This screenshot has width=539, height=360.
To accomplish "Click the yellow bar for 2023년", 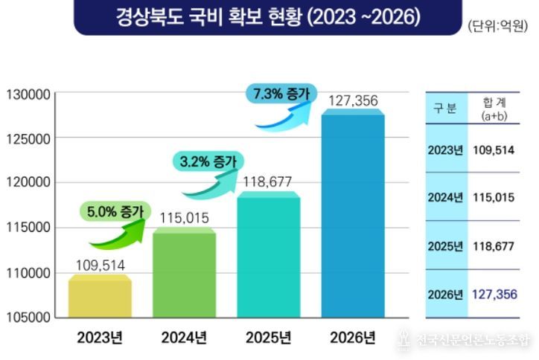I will pyautogui.click(x=100, y=297).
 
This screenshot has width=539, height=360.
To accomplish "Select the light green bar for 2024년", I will pyautogui.click(x=184, y=274).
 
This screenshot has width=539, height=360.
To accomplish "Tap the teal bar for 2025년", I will pyautogui.click(x=269, y=254).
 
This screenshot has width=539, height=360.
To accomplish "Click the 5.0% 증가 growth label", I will pyautogui.click(x=115, y=211).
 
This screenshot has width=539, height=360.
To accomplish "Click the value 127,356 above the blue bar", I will pyautogui.click(x=352, y=100).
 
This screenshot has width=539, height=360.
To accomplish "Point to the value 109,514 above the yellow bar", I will pyautogui.click(x=101, y=265).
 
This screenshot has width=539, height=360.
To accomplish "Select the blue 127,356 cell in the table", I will pyautogui.click(x=494, y=295).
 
